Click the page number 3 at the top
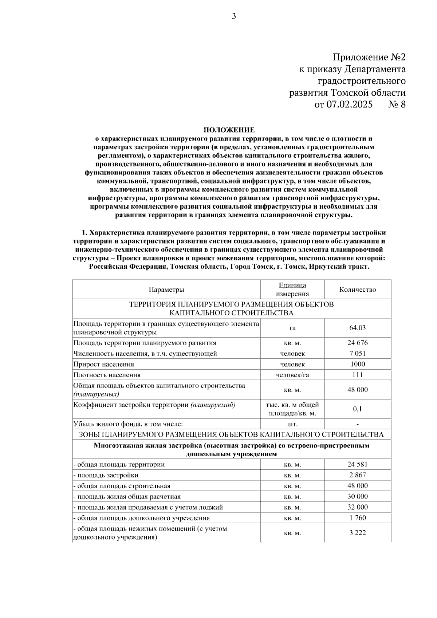(x=234, y=16)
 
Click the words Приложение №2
(x=369, y=57)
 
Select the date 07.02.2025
(x=349, y=105)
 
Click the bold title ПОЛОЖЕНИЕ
(x=229, y=130)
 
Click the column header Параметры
(x=166, y=290)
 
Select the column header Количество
(x=357, y=290)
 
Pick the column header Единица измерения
(x=292, y=290)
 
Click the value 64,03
(x=357, y=328)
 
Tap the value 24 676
(x=357, y=343)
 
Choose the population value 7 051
(x=357, y=354)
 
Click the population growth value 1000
(x=357, y=364)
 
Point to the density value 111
(x=357, y=375)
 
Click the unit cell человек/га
(x=292, y=375)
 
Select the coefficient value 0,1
(x=357, y=409)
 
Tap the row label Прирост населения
(x=104, y=364)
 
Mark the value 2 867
(x=357, y=475)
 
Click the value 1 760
(x=357, y=518)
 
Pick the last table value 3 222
(x=357, y=533)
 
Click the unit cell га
(x=292, y=328)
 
